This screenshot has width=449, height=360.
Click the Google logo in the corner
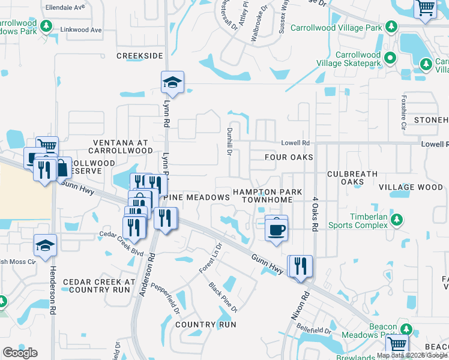[20, 353]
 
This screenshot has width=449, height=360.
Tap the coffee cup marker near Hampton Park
[276, 229]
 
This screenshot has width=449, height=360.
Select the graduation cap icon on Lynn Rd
[172, 83]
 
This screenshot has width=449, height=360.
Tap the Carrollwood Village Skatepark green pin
[390, 58]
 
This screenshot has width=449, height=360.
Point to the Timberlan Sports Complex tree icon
[396, 220]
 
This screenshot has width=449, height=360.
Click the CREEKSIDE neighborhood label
[140, 55]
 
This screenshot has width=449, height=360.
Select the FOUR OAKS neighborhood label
[289, 157]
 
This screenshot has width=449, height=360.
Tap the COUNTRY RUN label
[206, 325]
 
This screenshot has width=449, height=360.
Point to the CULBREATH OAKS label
[353, 178]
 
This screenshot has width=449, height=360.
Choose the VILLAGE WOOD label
[411, 187]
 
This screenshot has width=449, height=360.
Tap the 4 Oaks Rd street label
[314, 215]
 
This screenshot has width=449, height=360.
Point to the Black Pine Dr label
[223, 298]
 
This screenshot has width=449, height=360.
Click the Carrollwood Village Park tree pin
[391, 27]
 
